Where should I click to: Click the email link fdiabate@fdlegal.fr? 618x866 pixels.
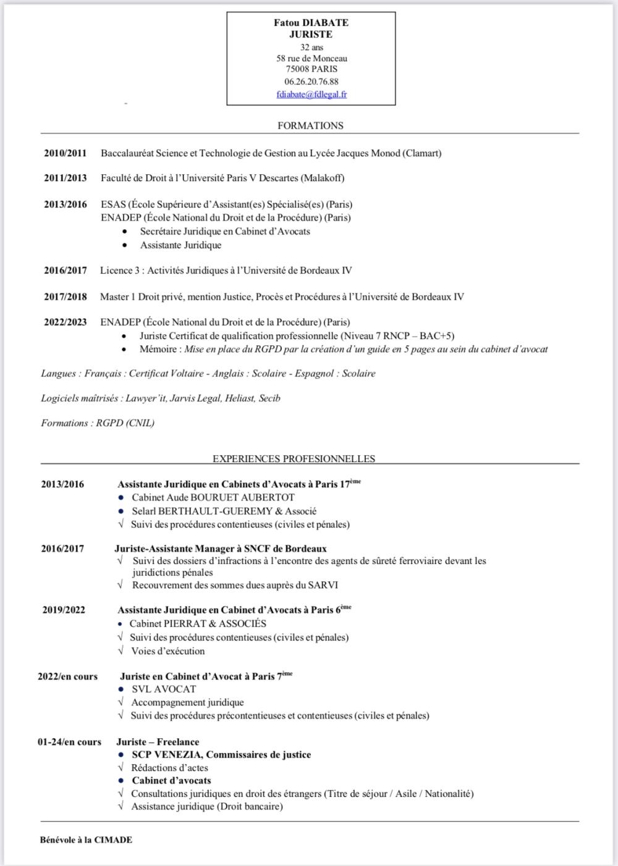click(311, 95)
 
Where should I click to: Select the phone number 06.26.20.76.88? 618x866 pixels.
click(311, 82)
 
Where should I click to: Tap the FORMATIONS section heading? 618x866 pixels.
click(310, 125)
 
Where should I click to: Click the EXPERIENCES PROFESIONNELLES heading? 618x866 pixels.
click(294, 459)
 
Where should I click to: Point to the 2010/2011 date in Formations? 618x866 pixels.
click(65, 153)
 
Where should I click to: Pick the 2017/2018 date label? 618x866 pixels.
click(65, 296)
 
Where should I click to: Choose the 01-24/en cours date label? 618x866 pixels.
click(69, 742)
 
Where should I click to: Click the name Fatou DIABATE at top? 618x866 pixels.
click(311, 23)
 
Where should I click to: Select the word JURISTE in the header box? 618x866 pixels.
click(311, 35)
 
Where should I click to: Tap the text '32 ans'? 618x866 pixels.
click(311, 47)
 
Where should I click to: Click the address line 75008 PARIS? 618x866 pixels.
click(311, 69)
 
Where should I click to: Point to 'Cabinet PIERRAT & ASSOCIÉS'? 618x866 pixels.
click(198, 624)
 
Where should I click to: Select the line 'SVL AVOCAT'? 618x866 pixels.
click(164, 689)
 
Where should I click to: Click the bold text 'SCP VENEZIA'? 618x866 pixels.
click(167, 755)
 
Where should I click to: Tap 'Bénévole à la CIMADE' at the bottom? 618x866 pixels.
click(86, 839)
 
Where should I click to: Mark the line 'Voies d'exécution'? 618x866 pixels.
click(167, 651)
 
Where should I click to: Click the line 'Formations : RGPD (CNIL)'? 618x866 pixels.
click(98, 423)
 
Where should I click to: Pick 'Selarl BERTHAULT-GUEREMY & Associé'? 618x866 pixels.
click(224, 511)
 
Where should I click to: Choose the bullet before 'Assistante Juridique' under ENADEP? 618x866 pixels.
click(126, 245)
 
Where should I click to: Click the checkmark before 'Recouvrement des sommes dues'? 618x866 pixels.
click(120, 585)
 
